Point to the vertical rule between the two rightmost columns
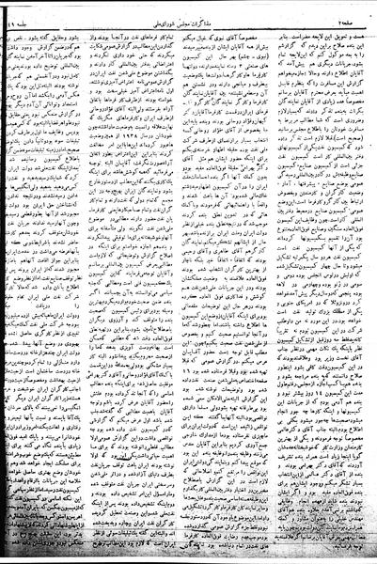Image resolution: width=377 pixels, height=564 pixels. click(275, 282)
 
